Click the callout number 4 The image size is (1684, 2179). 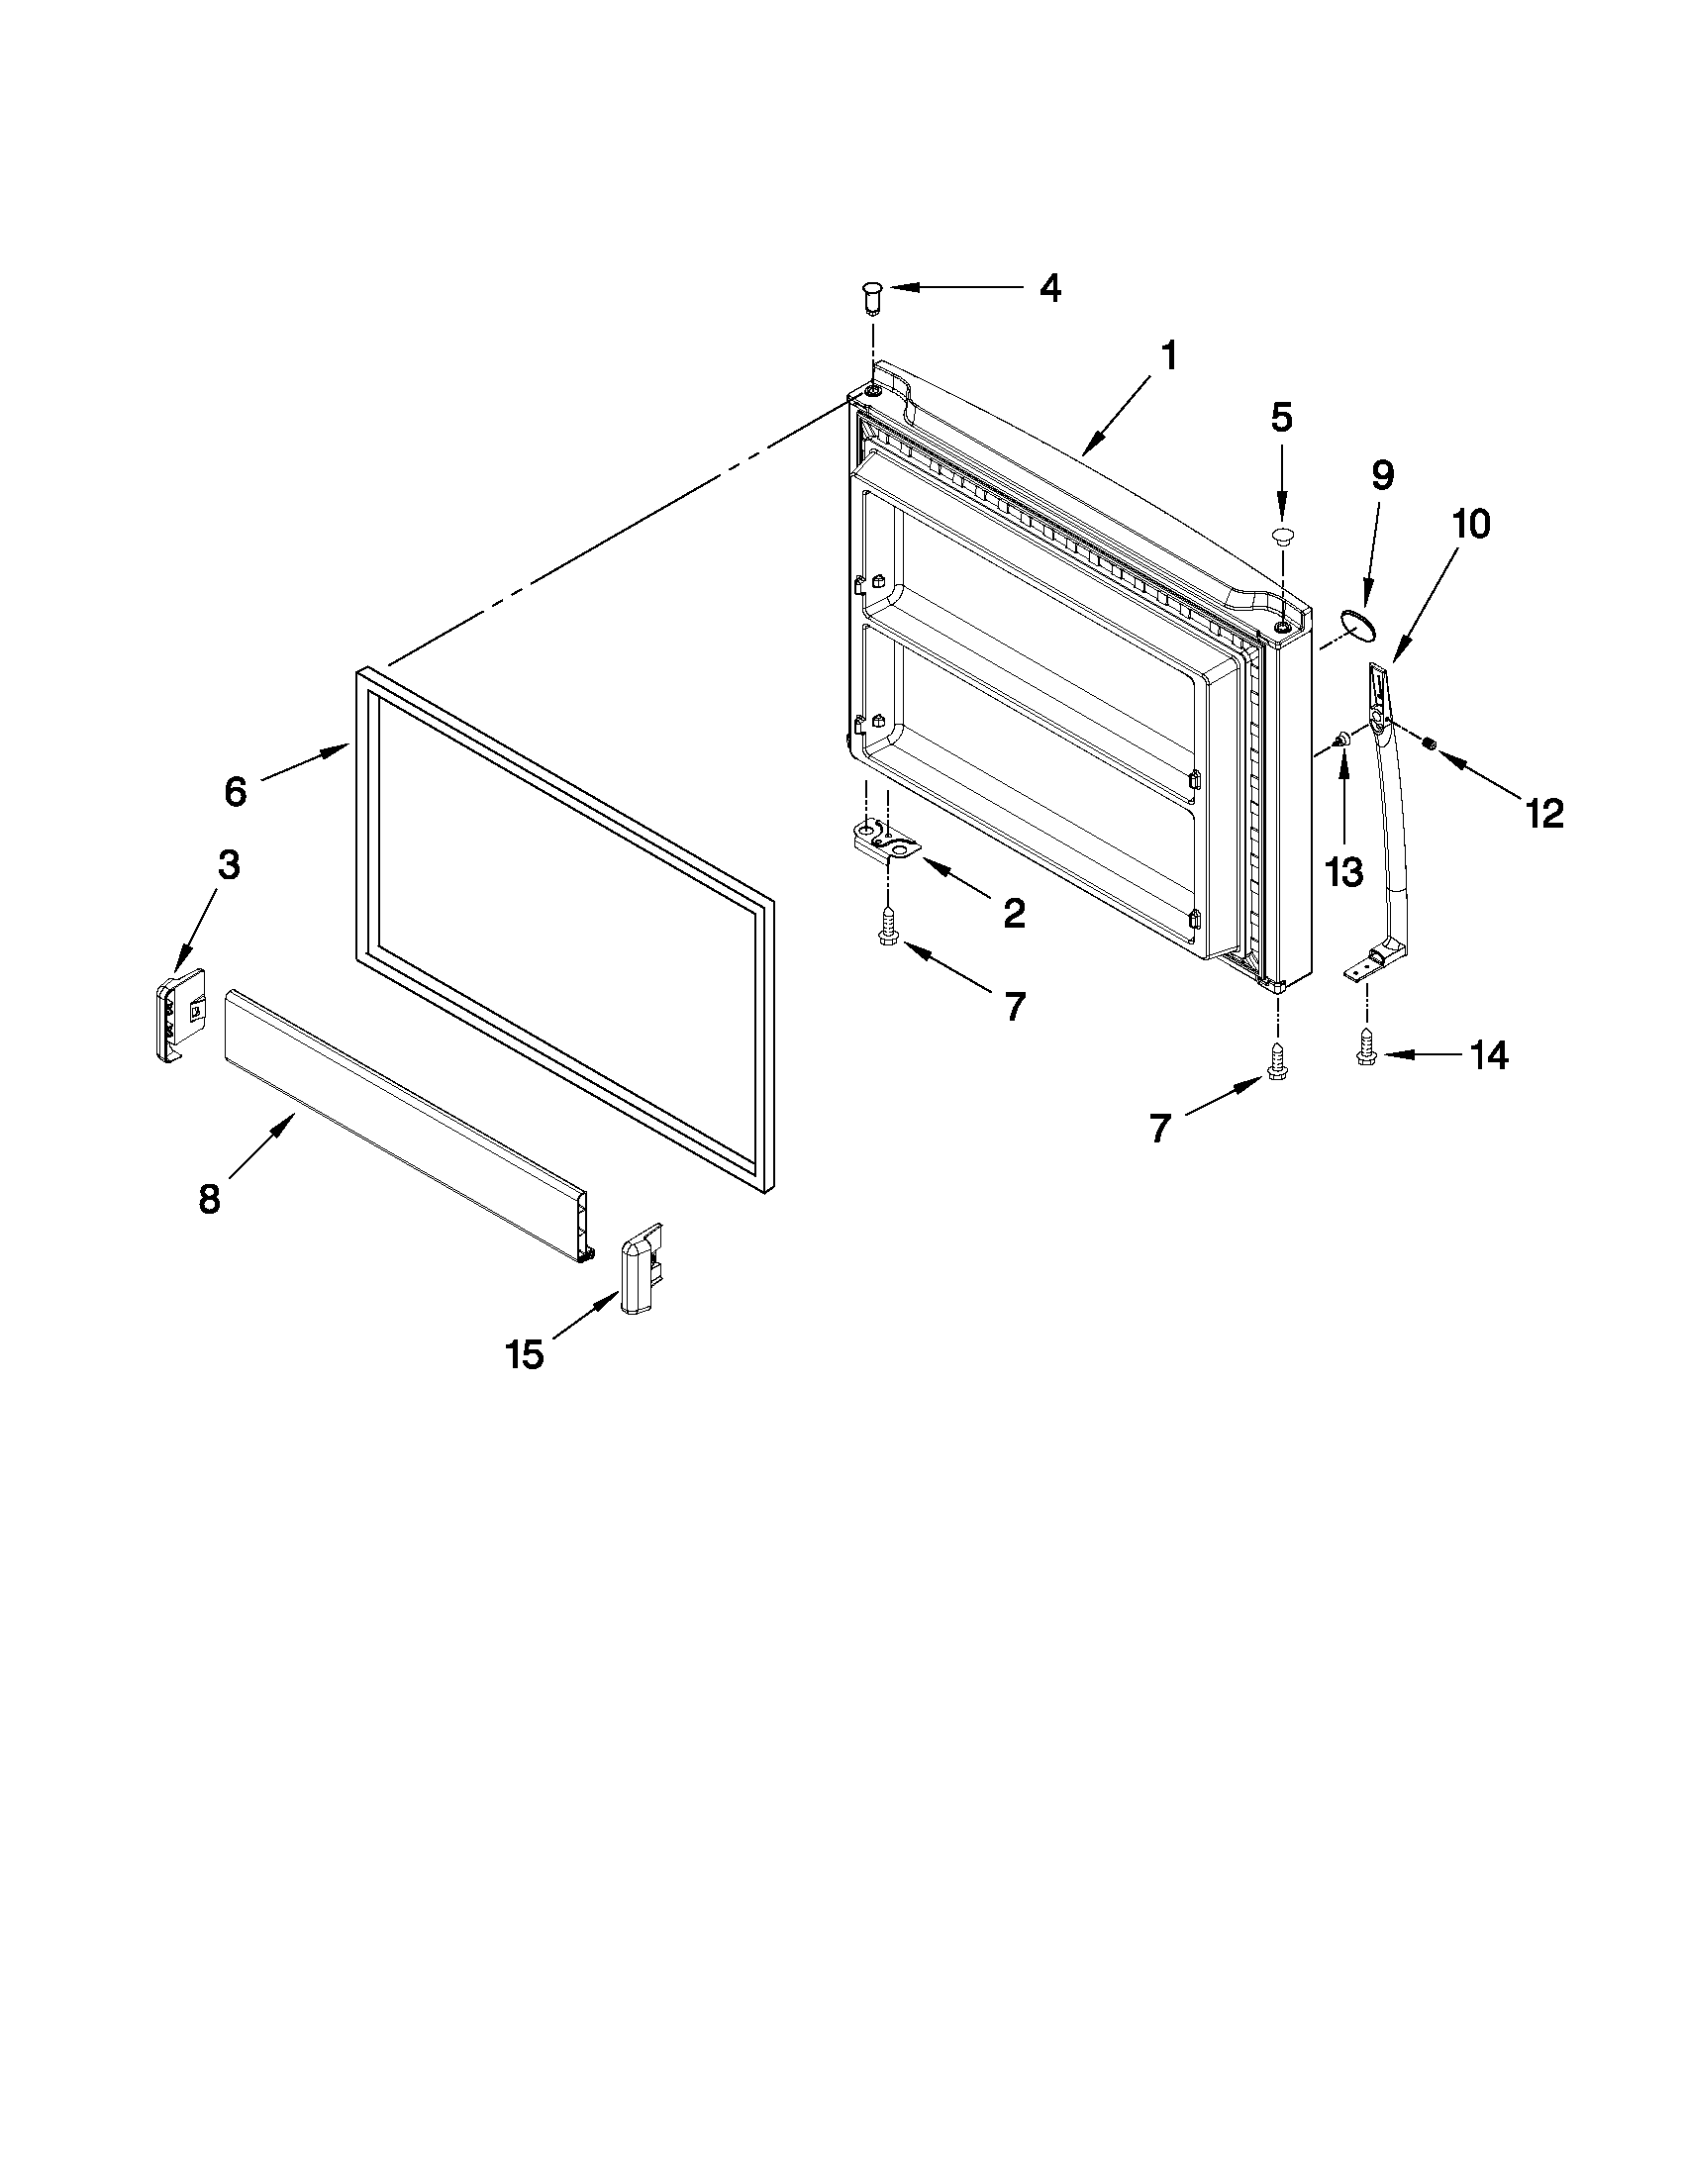[1049, 288]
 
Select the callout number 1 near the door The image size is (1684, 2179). [1167, 356]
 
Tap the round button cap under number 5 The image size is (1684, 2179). [1282, 537]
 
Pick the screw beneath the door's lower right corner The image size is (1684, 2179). [1276, 1061]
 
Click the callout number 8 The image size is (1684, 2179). [209, 1198]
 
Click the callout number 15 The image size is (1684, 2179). [524, 1354]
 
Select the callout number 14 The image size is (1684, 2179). [1487, 1054]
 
